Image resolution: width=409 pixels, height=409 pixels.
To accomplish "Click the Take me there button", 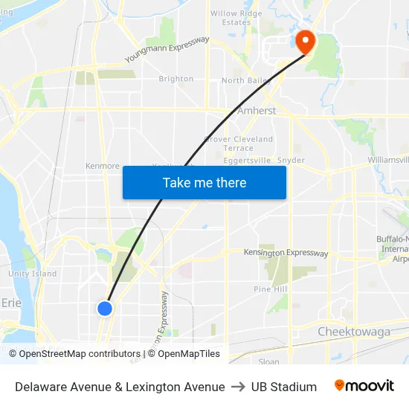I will pos(204,183).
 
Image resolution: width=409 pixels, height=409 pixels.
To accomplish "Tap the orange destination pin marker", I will pos(305,41).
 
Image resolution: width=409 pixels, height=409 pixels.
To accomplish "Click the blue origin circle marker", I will pos(105,308).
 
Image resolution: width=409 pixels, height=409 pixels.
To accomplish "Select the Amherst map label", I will pos(257,111).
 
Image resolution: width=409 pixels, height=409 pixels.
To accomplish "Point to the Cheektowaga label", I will pos(353,332).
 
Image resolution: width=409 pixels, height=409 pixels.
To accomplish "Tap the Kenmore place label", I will pos(103,166).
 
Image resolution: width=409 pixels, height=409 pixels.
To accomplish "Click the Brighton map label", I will pos(176,79).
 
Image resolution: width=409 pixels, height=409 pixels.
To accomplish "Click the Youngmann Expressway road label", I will pos(167,48).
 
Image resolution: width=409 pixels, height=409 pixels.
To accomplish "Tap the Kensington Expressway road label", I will pos(286,254).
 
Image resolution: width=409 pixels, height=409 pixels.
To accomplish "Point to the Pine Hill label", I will pos(270,289).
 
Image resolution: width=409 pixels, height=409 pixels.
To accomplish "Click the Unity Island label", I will pos(32,274).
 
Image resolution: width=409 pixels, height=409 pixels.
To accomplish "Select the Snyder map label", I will pos(291,160).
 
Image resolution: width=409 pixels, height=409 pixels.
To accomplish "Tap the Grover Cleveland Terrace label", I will pos(239,144).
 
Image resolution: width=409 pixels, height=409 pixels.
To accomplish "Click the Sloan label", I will pos(268,362).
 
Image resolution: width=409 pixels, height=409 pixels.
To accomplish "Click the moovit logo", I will pos(364,386).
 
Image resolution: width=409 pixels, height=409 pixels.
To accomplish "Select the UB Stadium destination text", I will pos(284,387).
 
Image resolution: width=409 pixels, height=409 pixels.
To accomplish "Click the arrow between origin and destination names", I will pos(238,387).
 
